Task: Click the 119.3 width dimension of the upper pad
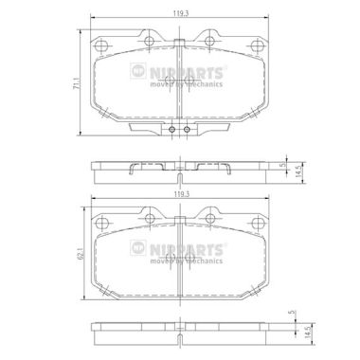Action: tap(179, 13)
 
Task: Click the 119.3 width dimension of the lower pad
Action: tap(179, 195)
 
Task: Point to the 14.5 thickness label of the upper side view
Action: tap(297, 172)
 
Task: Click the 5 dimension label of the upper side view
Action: tap(283, 165)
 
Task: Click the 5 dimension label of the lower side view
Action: tap(292, 313)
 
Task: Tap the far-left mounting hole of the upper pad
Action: tap(102, 45)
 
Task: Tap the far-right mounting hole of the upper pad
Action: tap(257, 45)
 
